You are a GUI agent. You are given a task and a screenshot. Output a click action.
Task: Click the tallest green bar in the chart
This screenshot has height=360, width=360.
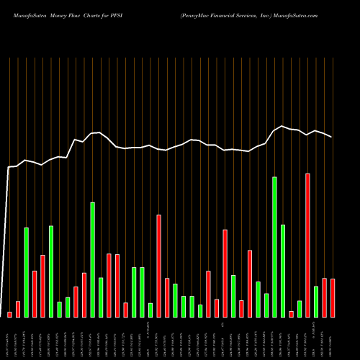[x=274, y=246]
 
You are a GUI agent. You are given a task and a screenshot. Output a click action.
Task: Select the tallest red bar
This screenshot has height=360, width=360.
[x=307, y=245]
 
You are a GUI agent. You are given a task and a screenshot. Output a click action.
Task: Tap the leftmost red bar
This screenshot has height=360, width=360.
[x=9, y=314]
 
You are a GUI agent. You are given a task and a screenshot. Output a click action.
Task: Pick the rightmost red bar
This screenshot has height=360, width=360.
[x=333, y=297]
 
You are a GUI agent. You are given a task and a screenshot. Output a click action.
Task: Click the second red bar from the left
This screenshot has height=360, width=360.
[x=18, y=309]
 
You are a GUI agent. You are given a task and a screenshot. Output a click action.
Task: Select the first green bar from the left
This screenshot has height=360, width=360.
[x=26, y=272]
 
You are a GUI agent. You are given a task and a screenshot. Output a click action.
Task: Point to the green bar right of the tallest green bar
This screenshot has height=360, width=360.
[x=283, y=271]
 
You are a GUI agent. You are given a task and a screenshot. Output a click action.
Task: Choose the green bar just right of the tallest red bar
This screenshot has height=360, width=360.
[x=316, y=301]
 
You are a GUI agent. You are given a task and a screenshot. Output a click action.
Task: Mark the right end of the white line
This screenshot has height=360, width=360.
[x=332, y=138]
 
